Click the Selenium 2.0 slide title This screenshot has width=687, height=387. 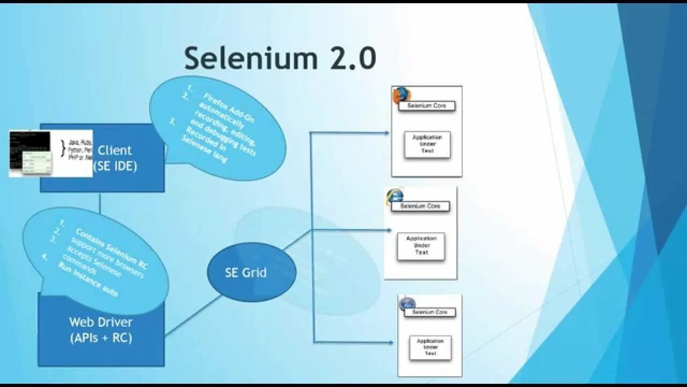[x=280, y=58]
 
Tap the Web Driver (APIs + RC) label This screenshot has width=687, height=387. [x=101, y=329]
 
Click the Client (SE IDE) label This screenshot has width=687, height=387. [x=115, y=158]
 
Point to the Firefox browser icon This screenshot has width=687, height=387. [x=400, y=96]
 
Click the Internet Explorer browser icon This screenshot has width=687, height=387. [x=394, y=196]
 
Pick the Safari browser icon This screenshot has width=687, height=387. [x=407, y=304]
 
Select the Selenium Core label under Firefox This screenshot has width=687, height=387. [x=427, y=106]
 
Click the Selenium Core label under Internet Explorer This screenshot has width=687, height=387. [x=420, y=206]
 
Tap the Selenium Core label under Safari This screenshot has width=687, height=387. [x=429, y=312]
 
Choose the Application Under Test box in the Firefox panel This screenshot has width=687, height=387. [x=427, y=145]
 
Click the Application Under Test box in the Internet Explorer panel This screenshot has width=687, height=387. [x=421, y=246]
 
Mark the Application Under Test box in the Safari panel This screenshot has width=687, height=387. [x=430, y=347]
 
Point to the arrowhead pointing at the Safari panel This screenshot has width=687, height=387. [x=391, y=342]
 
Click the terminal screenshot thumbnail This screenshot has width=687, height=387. [x=30, y=153]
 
